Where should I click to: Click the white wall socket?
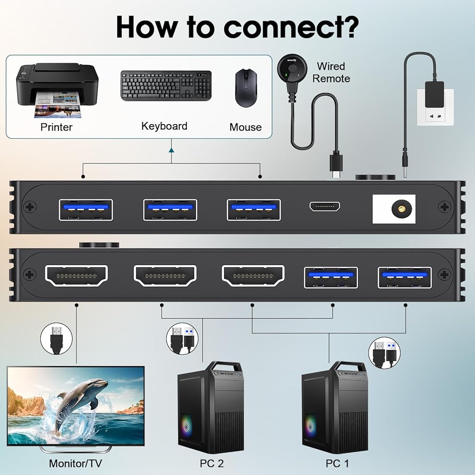(435, 107)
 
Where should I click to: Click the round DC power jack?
(395, 208)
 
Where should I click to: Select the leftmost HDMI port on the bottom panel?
(76, 275)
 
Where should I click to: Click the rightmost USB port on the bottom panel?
(405, 277)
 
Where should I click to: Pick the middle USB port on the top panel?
(170, 209)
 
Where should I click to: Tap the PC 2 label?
(212, 463)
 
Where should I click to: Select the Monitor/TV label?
(76, 463)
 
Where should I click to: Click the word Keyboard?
(164, 126)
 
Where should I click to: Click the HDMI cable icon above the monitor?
(56, 339)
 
